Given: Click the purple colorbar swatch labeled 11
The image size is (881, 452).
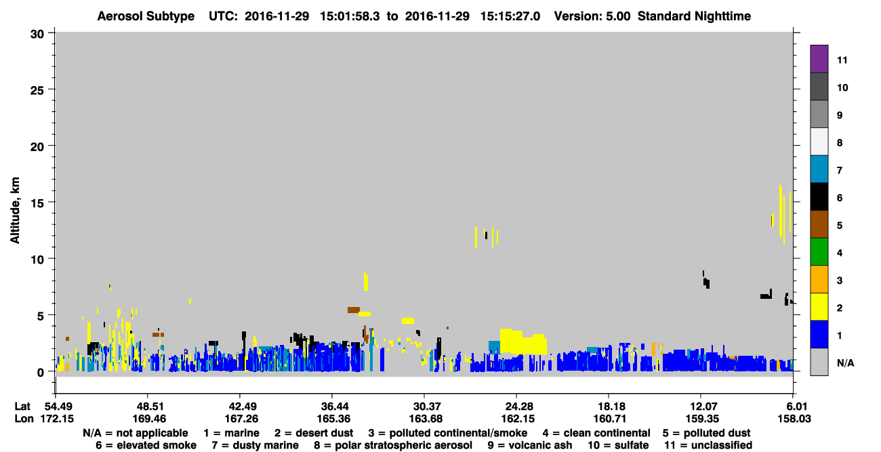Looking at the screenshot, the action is point(819,59).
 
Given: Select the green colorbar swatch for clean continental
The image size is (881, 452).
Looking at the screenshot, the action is point(819,252).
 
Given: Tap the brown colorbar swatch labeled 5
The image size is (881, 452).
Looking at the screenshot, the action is point(819,224).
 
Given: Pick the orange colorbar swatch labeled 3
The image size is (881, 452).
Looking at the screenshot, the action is point(819,279).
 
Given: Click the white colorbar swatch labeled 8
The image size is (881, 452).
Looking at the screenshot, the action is point(819,142).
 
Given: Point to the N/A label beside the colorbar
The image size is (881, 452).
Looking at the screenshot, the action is point(845,363).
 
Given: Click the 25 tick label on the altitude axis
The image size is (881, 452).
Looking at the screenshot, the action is point(37,91).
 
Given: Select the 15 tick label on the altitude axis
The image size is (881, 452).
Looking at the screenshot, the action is point(37,203).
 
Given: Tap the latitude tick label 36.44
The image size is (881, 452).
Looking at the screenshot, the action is point(332,406).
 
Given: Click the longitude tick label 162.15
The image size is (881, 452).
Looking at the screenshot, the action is point(518,419).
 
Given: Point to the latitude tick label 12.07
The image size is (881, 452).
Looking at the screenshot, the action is point(701,406).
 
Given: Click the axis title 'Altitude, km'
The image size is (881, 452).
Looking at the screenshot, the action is point(15,211).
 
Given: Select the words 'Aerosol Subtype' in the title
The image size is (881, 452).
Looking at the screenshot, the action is point(146,16).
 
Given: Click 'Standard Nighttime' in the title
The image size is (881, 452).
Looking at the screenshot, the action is point(694,16).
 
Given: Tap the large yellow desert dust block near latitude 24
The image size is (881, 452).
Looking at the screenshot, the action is point(523,342).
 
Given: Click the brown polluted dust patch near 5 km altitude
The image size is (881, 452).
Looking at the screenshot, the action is point(354,310).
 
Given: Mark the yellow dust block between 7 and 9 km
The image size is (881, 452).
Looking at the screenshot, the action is point(366,282).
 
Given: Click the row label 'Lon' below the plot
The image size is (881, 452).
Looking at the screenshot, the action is point(24,419).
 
